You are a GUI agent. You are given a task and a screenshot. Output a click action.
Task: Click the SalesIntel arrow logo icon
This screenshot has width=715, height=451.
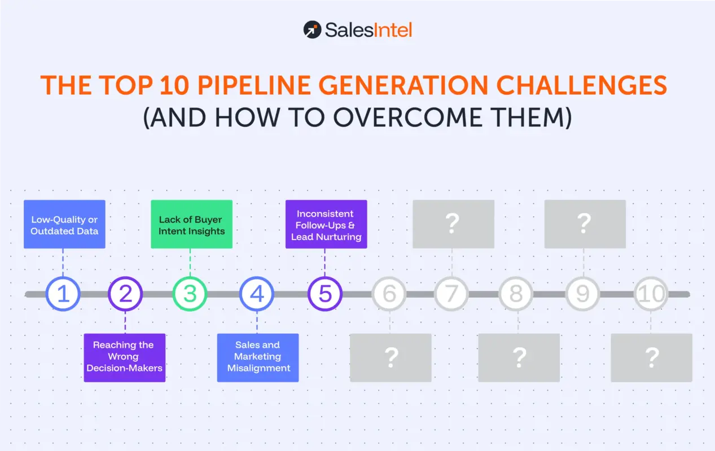pyautogui.click(x=312, y=29)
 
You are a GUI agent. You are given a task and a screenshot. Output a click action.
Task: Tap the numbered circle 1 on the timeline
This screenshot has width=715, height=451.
pyautogui.click(x=63, y=294)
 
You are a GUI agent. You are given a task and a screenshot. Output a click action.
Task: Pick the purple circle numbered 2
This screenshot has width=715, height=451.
pyautogui.click(x=125, y=294)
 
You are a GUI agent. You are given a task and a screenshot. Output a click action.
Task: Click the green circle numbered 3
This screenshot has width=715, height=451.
pyautogui.click(x=190, y=294)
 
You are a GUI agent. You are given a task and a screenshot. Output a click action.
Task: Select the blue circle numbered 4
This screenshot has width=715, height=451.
pyautogui.click(x=257, y=294)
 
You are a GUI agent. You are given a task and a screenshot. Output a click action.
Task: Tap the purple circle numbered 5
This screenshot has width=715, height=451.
pyautogui.click(x=325, y=294)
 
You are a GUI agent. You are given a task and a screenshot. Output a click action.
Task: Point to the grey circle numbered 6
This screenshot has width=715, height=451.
pyautogui.click(x=389, y=294)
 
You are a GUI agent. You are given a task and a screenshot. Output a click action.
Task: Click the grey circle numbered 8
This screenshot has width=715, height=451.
pyautogui.click(x=516, y=294)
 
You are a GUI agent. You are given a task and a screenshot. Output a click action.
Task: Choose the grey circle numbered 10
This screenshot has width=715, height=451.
pyautogui.click(x=651, y=294)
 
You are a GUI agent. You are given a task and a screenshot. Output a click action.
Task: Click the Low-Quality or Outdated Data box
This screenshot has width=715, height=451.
pyautogui.click(x=64, y=224)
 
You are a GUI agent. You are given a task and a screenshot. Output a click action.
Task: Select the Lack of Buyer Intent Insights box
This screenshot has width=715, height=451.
pyautogui.click(x=191, y=224)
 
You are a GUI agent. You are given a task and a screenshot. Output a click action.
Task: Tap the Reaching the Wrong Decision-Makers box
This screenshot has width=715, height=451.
pyautogui.click(x=125, y=357)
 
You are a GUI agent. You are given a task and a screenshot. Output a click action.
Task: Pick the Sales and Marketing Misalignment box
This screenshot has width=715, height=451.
pyautogui.click(x=258, y=357)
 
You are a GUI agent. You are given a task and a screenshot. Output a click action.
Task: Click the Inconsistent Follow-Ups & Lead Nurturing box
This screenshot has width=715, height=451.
pyautogui.click(x=326, y=224)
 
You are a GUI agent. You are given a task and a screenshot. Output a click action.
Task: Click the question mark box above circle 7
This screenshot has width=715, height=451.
pyautogui.click(x=453, y=224)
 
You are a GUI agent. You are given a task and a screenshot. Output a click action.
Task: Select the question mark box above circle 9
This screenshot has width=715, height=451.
pyautogui.click(x=585, y=224)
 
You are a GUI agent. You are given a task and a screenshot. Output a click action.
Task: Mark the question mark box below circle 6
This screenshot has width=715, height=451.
pyautogui.click(x=391, y=357)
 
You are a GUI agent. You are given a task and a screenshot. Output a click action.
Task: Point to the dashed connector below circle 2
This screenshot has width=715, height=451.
pyautogui.click(x=125, y=322)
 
